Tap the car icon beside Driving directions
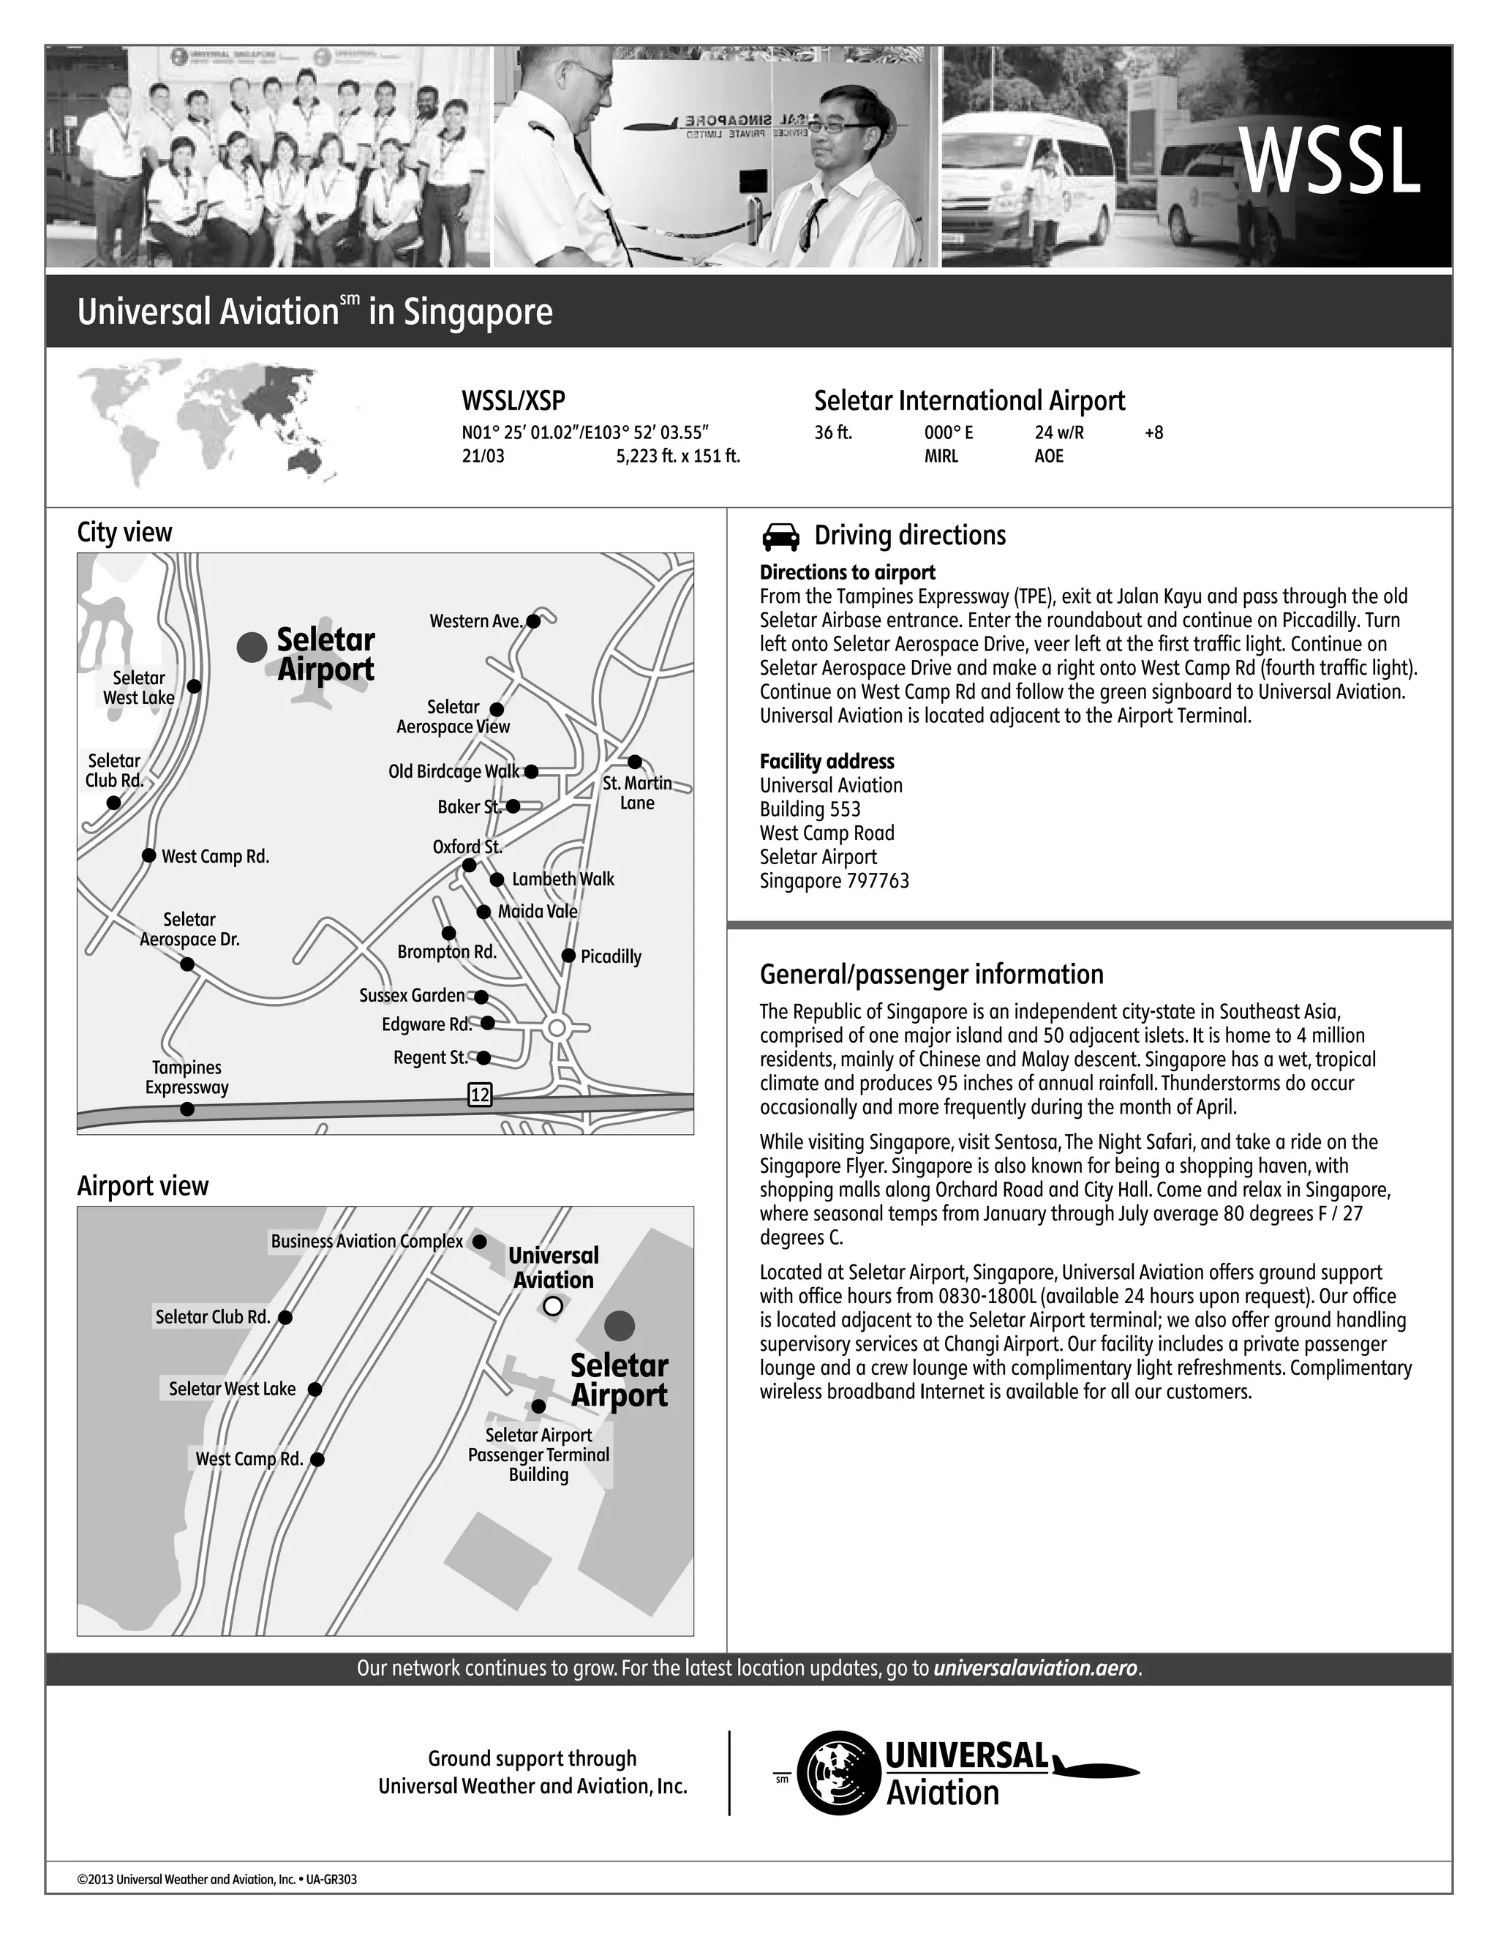780,537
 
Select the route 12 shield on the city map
479,1095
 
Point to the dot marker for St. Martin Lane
634,762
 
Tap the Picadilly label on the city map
611,957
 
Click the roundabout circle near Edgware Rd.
557,1028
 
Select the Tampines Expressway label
187,1078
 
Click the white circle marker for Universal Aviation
553,1306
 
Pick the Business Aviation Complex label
366,1241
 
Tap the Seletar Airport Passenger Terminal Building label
538,1455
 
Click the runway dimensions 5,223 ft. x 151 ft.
678,457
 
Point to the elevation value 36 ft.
833,433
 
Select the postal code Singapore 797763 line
834,881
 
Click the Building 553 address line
810,809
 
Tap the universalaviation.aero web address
1035,1668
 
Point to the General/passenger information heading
932,975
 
